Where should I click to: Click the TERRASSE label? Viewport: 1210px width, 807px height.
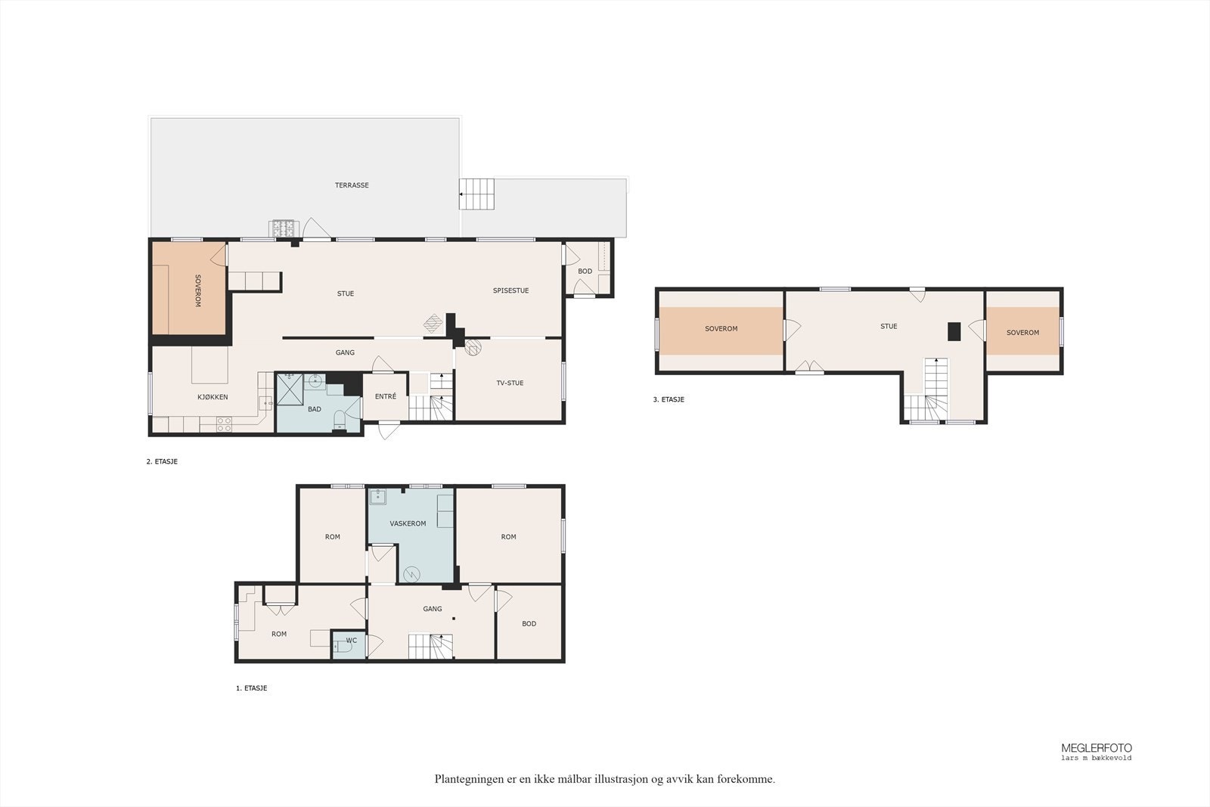pos(352,185)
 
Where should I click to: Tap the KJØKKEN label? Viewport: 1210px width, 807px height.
pos(213,397)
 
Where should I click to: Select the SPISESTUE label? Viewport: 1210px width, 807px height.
pos(510,290)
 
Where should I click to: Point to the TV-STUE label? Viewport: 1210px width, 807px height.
pos(510,383)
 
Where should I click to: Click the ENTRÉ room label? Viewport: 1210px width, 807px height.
pos(386,396)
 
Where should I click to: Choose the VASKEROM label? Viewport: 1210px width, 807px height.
pos(408,523)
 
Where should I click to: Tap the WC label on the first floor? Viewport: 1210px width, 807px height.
pos(351,641)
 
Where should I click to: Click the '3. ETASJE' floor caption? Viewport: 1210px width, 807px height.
pos(669,400)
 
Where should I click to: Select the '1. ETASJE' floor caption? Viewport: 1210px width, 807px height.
pos(252,688)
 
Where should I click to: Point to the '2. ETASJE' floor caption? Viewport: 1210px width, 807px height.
pos(162,462)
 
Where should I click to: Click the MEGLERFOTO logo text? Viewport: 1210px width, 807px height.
pos(1097,748)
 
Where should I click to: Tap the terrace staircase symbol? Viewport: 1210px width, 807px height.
pos(476,194)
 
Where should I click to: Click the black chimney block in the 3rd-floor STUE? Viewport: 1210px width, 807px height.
pos(954,332)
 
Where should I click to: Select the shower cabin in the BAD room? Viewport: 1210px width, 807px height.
pos(290,389)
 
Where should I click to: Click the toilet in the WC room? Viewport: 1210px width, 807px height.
pos(341,647)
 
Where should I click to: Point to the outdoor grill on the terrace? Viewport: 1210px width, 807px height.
pos(283,228)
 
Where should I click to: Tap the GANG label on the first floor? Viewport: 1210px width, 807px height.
pos(432,609)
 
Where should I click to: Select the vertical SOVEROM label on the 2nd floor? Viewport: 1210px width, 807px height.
pos(197,290)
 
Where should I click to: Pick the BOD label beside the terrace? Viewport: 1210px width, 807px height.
pos(585,272)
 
